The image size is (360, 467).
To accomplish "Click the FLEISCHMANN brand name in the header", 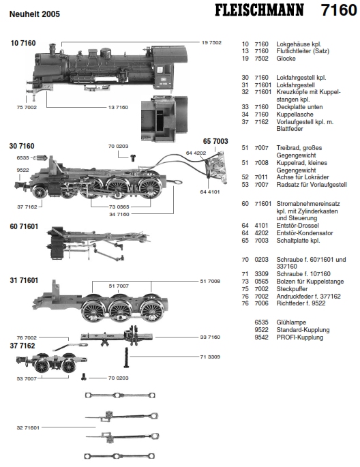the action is [259, 10].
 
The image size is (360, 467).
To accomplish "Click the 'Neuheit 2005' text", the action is [35, 14].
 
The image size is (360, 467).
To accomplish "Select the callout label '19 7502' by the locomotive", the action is [211, 42].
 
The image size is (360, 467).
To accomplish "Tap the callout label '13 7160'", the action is [118, 107].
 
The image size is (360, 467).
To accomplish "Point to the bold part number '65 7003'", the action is [215, 141].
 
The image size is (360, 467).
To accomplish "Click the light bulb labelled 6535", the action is [40, 158].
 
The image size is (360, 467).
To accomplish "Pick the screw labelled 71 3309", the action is [126, 357].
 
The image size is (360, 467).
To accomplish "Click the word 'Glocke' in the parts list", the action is [286, 59].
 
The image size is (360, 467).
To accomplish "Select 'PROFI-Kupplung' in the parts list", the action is [299, 337].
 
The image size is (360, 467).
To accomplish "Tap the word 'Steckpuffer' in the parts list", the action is [292, 289].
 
